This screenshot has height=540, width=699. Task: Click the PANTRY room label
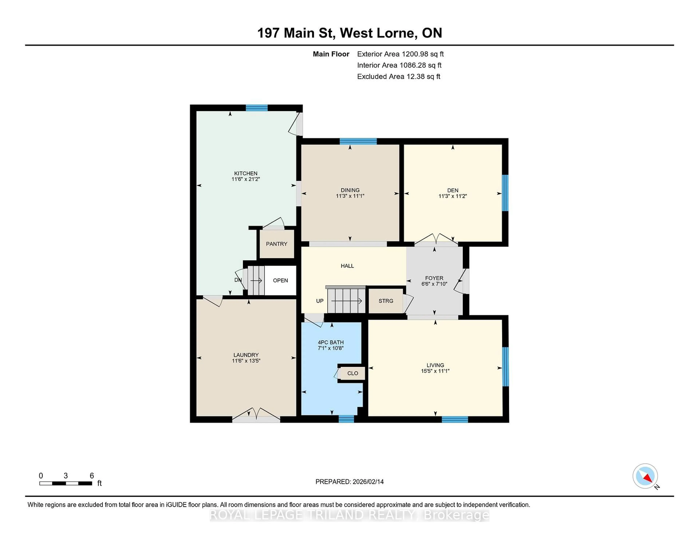[277, 244]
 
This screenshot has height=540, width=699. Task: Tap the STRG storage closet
[386, 301]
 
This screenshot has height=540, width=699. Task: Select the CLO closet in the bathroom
[352, 373]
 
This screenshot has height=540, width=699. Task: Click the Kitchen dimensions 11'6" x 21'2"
[246, 179]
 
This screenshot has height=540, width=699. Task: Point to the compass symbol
[645, 476]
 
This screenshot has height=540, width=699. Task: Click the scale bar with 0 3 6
[66, 483]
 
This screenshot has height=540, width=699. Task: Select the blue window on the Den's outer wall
[505, 193]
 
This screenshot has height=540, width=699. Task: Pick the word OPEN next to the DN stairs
[280, 280]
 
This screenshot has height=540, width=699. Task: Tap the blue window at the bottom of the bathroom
[346, 419]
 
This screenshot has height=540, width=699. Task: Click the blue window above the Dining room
[358, 141]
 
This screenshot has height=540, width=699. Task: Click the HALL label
[347, 266]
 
